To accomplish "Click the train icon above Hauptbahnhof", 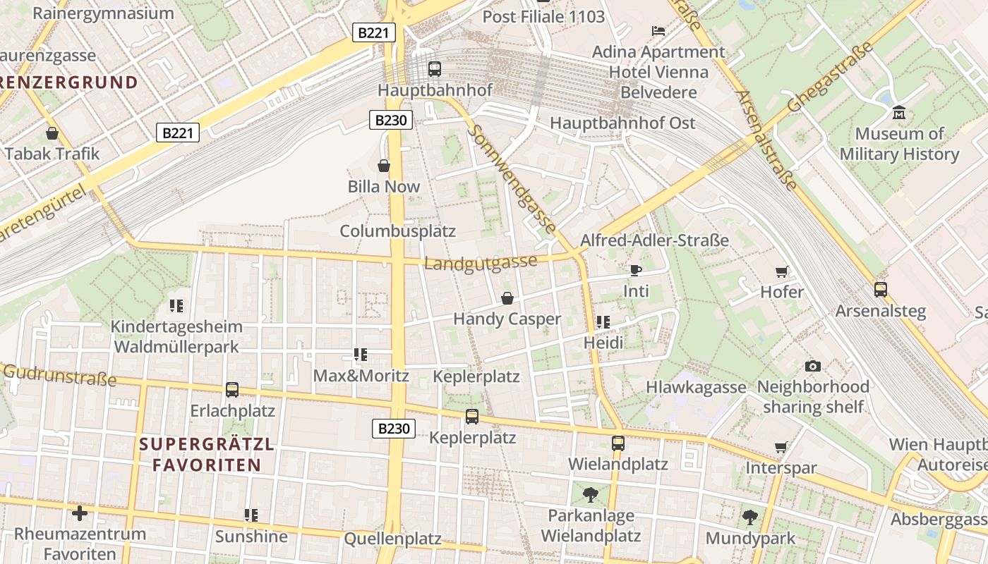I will [435, 69].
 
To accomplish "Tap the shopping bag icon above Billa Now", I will [384, 166].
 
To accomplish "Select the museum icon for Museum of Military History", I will [898, 112].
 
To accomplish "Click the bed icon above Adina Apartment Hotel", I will [658, 31].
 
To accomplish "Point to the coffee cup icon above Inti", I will [635, 270].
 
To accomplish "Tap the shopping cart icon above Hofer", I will [781, 271].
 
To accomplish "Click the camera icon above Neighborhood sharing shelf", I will [812, 366].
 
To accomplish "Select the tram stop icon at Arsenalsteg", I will [880, 289].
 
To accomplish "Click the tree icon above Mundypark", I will [749, 517].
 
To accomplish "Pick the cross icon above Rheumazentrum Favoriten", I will [80, 513].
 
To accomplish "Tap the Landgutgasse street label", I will [481, 263].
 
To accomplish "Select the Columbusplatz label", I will [397, 231].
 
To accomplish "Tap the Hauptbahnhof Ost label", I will [622, 123].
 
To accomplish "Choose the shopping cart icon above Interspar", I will [781, 447].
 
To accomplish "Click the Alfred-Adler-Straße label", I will [653, 240].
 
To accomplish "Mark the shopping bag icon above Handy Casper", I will [507, 298].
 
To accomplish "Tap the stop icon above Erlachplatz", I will [231, 389].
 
